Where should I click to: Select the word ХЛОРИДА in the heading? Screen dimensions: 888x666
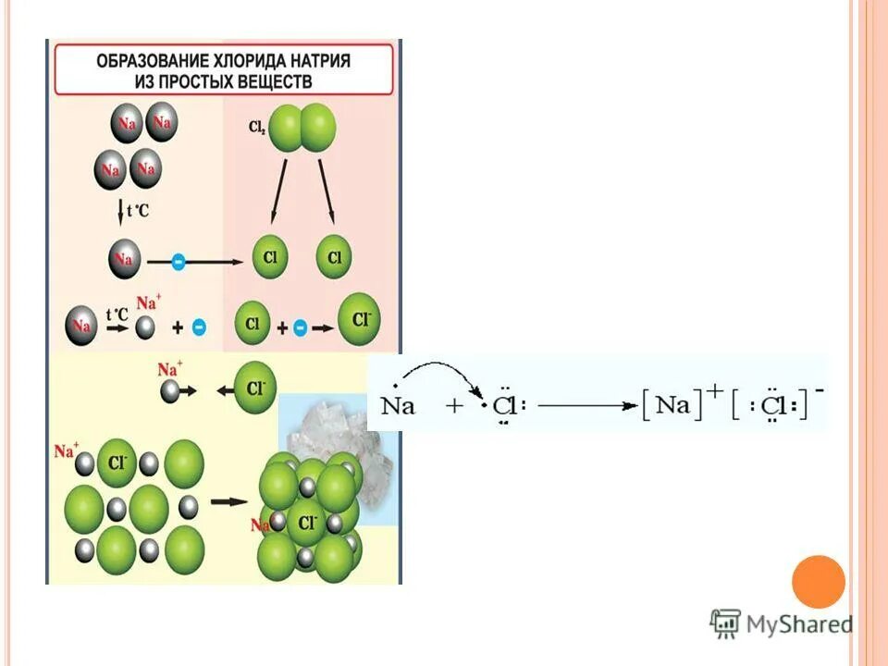[244, 61]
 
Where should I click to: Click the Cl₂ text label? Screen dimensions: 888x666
[256, 129]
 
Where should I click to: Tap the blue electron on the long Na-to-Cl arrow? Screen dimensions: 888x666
[179, 262]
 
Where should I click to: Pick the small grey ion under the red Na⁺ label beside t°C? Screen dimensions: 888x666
[146, 326]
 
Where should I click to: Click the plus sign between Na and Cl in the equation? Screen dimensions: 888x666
[455, 405]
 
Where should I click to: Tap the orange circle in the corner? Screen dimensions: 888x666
[818, 582]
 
